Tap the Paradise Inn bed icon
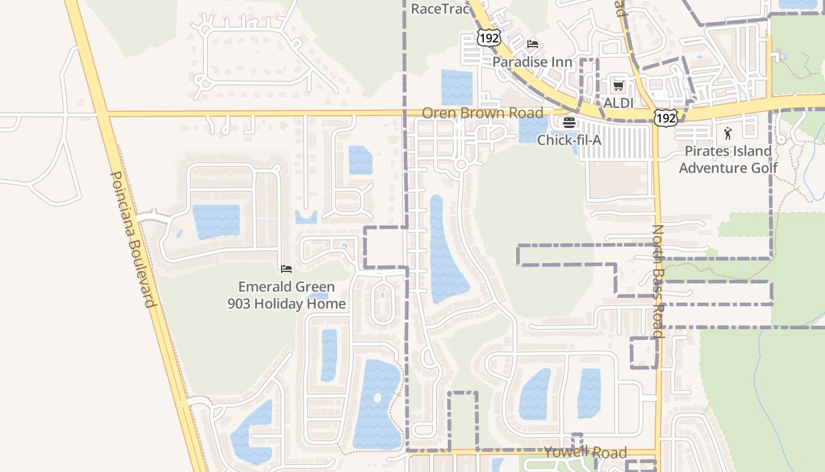(533, 44)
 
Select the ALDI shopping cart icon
(618, 86)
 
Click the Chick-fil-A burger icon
(569, 123)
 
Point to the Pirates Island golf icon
(728, 133)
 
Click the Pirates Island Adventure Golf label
(728, 159)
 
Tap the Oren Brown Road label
(483, 113)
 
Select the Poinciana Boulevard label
(133, 239)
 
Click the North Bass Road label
(658, 281)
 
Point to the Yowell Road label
(585, 453)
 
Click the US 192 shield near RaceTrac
(489, 38)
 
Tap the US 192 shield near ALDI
(665, 118)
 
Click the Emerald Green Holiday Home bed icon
(286, 269)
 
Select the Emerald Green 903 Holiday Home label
(286, 295)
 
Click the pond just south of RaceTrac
(457, 87)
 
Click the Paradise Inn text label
(532, 62)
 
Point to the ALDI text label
(618, 103)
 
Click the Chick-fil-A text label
(569, 140)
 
